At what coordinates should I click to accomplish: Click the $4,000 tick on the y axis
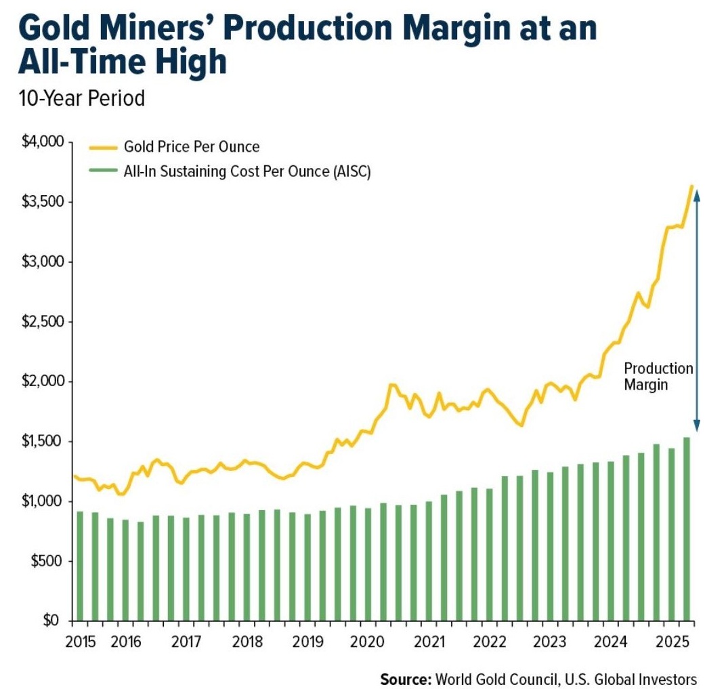pos(42,142)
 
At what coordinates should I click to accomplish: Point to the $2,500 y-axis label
pos(42,322)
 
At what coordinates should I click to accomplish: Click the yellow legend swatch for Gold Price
pos(102,146)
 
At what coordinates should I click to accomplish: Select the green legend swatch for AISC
pos(102,171)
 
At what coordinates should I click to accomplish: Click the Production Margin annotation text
pos(658,377)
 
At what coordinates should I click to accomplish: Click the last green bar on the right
pos(687,528)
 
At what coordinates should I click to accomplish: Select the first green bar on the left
pos(80,566)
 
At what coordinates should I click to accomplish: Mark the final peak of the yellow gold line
pos(691,186)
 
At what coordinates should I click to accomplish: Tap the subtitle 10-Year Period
pos(82,98)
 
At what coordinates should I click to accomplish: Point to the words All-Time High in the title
pos(123,63)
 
